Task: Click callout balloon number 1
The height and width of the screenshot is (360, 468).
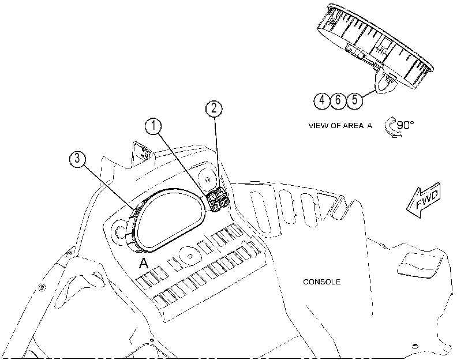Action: point(153,126)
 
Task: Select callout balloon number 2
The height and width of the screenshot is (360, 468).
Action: point(214,108)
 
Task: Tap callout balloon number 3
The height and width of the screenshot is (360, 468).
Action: point(77,159)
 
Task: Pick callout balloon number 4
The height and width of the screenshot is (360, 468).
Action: point(322,100)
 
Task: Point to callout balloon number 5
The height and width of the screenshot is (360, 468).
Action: point(354,100)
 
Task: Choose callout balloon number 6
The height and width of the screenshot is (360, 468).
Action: point(338,100)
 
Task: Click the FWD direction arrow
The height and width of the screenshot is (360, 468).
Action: point(424,200)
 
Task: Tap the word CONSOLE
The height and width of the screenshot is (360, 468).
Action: point(321,282)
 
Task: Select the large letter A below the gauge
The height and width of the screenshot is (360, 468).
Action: point(144,263)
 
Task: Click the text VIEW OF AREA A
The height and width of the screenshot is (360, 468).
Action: point(340,126)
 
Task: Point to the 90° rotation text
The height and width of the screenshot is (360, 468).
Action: point(405,125)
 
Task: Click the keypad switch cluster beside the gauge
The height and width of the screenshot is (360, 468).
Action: point(218,200)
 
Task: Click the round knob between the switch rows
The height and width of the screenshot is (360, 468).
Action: point(189,256)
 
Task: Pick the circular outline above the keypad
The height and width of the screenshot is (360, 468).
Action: point(207,179)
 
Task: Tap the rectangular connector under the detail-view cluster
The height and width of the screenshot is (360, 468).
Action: point(354,50)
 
